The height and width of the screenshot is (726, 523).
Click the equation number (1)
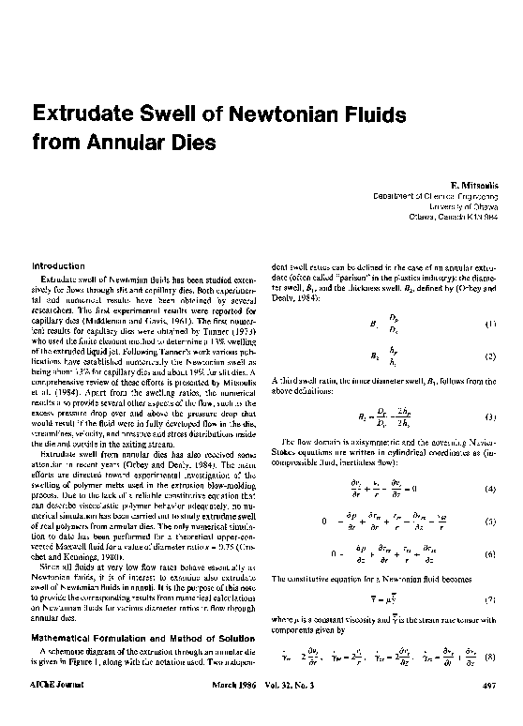tap(487, 325)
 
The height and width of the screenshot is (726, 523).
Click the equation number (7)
tap(487, 597)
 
